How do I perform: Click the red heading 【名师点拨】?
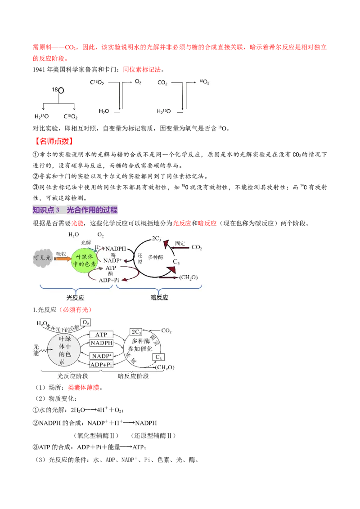[x=53, y=141]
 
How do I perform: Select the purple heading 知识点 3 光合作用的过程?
[x=75, y=210]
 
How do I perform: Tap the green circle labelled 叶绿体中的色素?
[x=84, y=260]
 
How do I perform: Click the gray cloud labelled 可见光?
[x=42, y=258]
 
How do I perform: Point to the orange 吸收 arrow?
[x=63, y=259]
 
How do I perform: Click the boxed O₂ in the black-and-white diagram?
[x=85, y=322]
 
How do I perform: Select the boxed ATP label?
[x=101, y=335]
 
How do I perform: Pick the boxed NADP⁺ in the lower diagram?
[x=101, y=356]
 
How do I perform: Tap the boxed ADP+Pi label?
[x=101, y=365]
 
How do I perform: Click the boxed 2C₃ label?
[x=136, y=332]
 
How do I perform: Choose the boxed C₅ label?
[x=158, y=357]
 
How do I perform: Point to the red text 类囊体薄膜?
[x=84, y=387]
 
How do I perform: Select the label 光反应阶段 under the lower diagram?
[x=73, y=376]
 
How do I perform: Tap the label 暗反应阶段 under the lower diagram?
[x=133, y=376]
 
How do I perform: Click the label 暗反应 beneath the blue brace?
[x=159, y=297]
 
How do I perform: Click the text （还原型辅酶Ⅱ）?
[x=153, y=436]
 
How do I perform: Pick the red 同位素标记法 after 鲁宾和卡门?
[x=142, y=69]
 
